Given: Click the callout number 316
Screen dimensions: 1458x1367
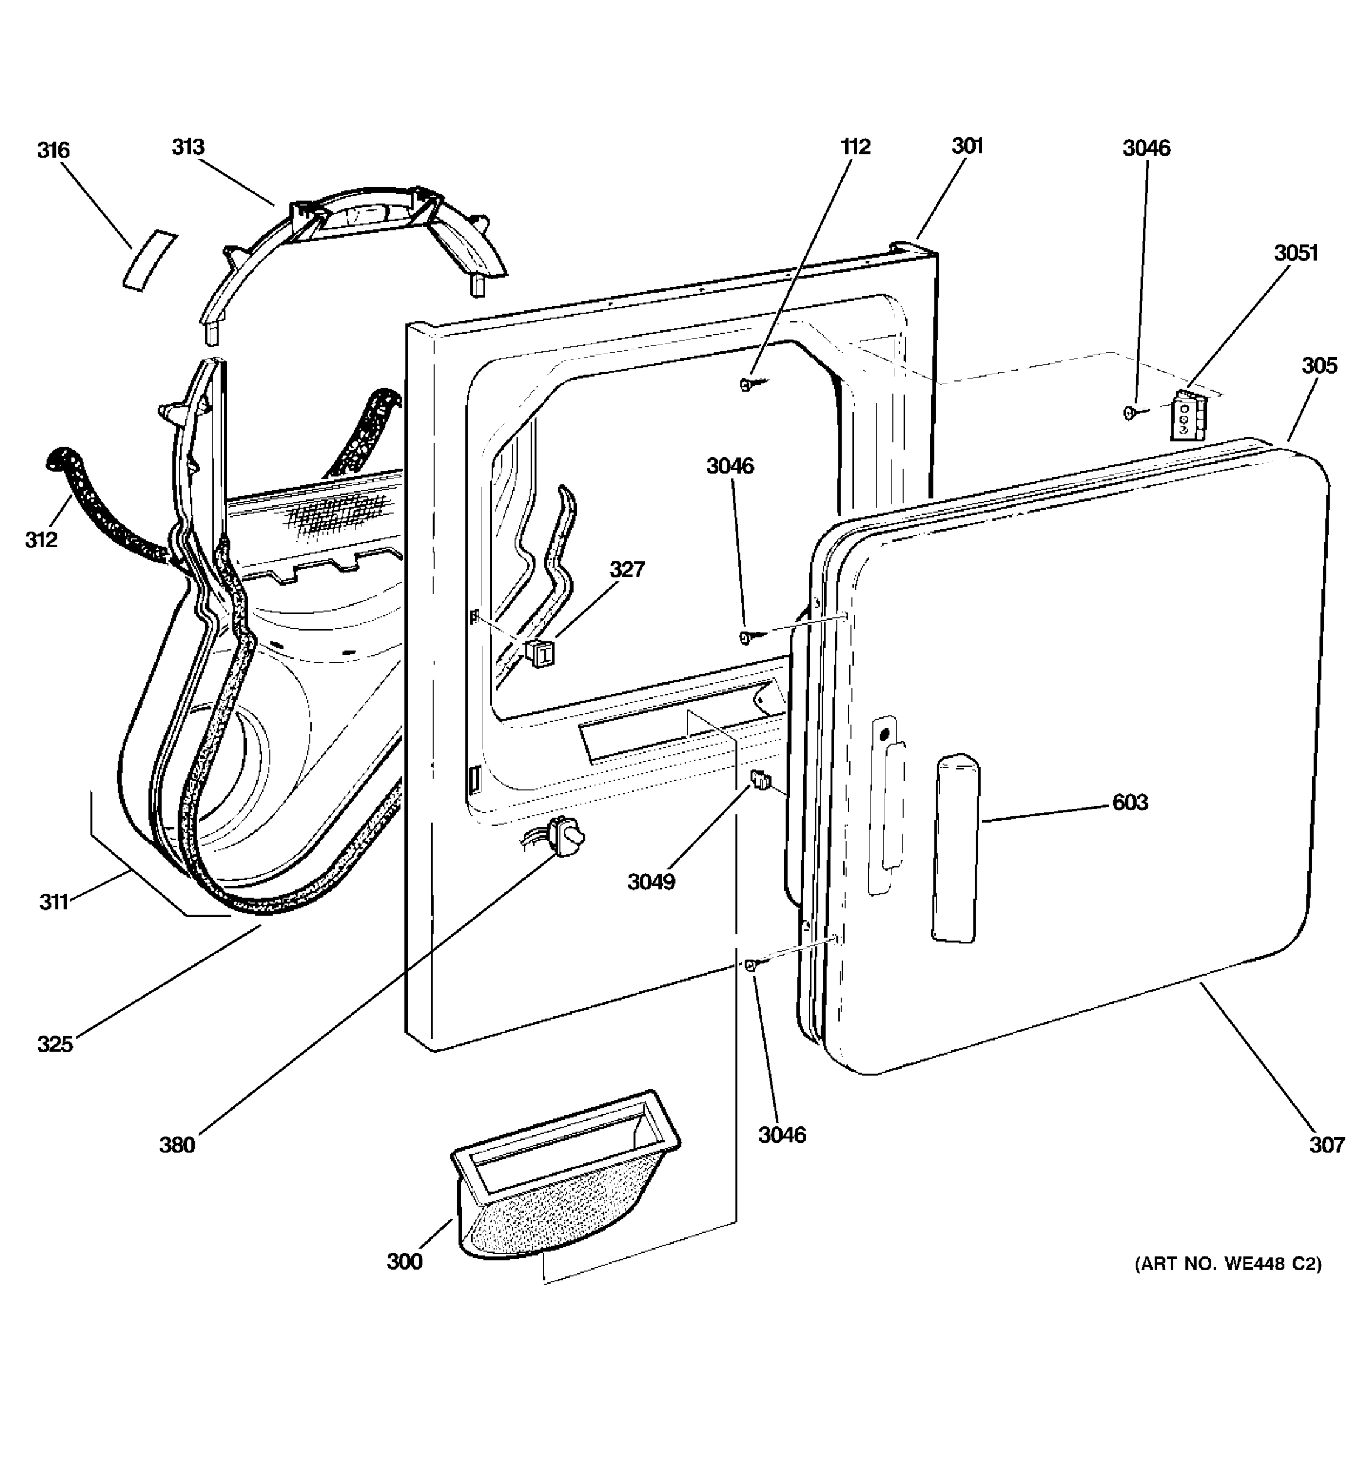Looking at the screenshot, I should (53, 150).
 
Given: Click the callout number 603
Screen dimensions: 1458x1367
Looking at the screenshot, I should (1129, 803).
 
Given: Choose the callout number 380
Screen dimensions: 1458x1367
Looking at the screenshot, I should (177, 1145).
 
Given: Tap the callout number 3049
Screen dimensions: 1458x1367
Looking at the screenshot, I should (651, 881).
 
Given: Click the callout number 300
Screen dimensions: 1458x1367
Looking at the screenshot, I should (405, 1261).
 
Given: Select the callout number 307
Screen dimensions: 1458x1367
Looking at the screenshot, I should (1328, 1145).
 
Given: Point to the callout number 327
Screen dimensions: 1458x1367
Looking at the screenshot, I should (627, 569).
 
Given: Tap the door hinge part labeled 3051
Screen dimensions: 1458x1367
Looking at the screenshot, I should (1184, 415).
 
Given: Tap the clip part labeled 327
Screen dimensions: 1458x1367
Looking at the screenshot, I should (539, 651).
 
